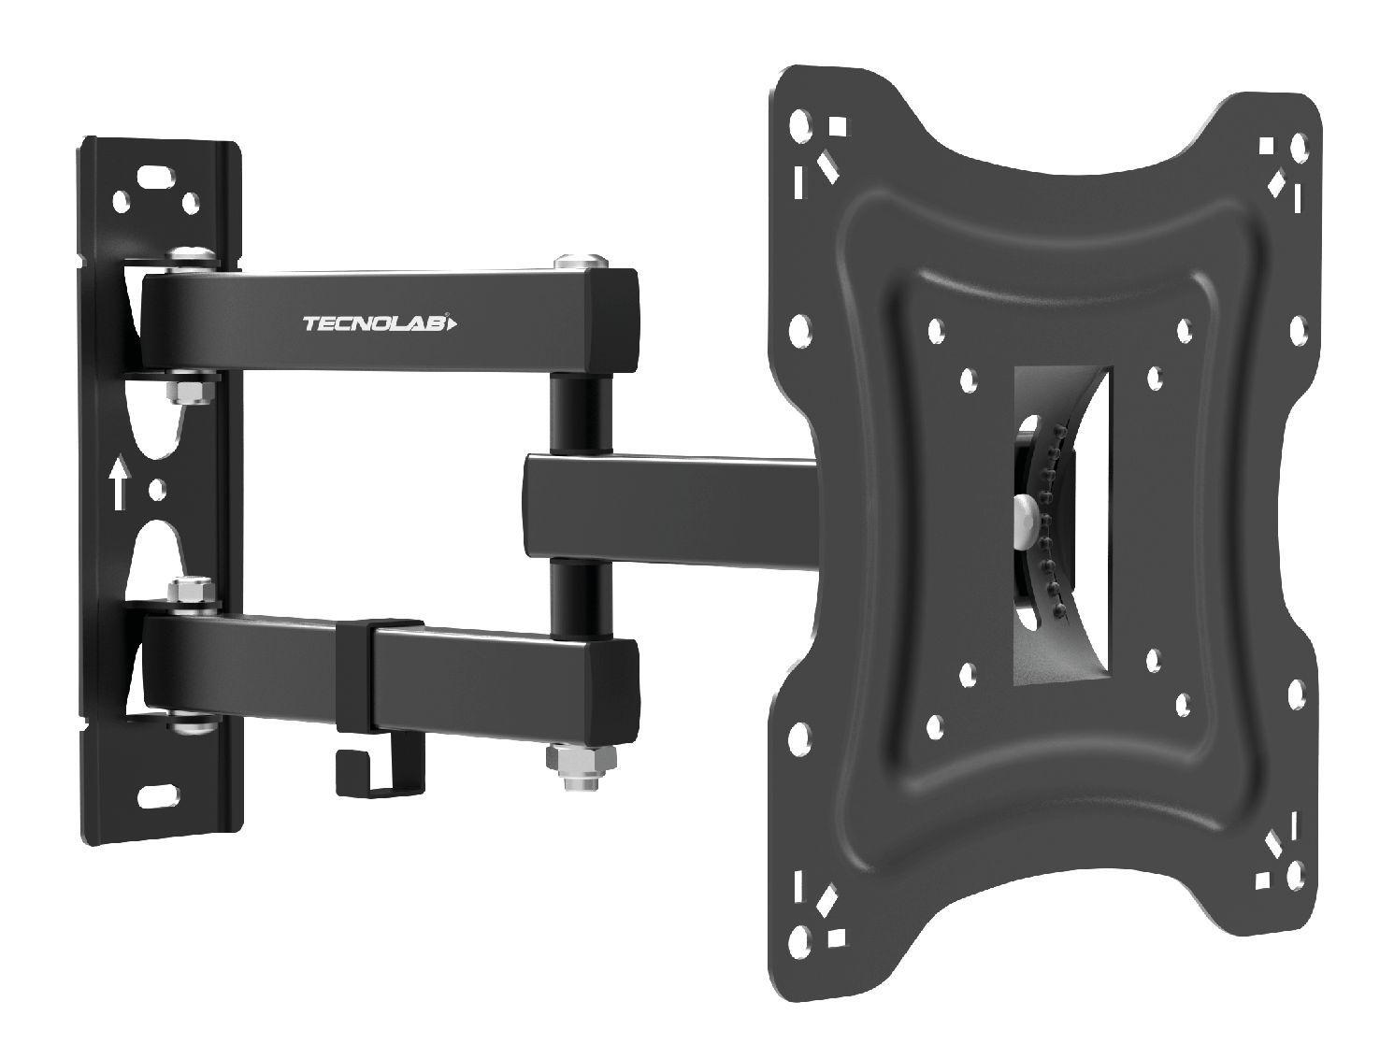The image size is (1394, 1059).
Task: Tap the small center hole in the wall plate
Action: coord(156,488)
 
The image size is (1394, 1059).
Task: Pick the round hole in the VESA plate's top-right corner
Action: coord(1298,147)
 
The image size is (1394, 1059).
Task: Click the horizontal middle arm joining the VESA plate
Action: coord(673,505)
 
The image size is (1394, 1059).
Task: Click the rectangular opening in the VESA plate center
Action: coord(1061,523)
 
